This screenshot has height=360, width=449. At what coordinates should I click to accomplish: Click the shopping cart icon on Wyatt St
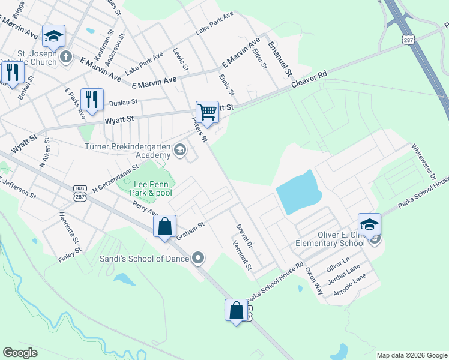[x=207, y=112]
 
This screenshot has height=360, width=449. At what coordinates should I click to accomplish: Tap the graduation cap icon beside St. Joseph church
[x=53, y=36]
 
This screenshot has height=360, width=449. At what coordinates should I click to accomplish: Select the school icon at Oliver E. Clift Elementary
[x=369, y=224]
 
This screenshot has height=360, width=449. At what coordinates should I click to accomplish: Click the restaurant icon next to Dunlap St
[x=91, y=100]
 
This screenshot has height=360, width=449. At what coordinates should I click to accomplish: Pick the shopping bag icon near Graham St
[x=164, y=226]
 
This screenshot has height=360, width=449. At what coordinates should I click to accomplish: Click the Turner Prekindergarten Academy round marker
[x=179, y=151]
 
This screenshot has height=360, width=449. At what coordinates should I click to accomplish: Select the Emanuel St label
[x=280, y=59]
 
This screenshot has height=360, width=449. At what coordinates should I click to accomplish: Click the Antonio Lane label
[x=353, y=286]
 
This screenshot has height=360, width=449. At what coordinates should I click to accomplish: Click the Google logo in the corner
[x=20, y=353]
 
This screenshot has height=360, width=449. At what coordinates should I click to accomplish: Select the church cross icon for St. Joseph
[x=66, y=57]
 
